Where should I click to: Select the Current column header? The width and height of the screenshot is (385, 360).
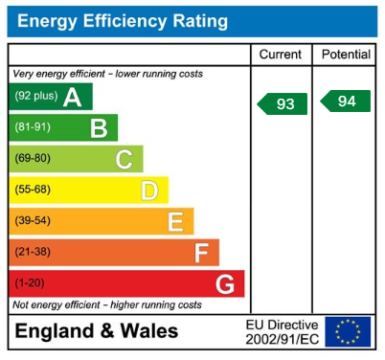281,55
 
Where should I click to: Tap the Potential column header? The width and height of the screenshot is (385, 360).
346,55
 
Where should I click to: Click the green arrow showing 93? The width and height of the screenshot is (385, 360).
283,103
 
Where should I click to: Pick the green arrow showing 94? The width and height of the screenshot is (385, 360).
346,101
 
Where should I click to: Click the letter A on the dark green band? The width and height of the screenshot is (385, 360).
72,97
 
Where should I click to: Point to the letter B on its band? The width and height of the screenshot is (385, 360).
98,128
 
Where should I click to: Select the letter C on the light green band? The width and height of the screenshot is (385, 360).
124,159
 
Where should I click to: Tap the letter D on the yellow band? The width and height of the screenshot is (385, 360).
148,191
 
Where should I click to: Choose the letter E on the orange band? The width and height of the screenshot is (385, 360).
174,222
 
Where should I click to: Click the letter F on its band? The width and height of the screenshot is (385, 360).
200,253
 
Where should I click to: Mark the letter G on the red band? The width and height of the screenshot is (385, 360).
225,284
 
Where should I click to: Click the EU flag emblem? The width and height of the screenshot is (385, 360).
347,331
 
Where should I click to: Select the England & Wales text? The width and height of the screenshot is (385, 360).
95,332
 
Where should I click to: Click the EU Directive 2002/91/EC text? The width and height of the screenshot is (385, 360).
282,332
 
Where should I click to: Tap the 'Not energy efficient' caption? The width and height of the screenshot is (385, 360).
106,304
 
